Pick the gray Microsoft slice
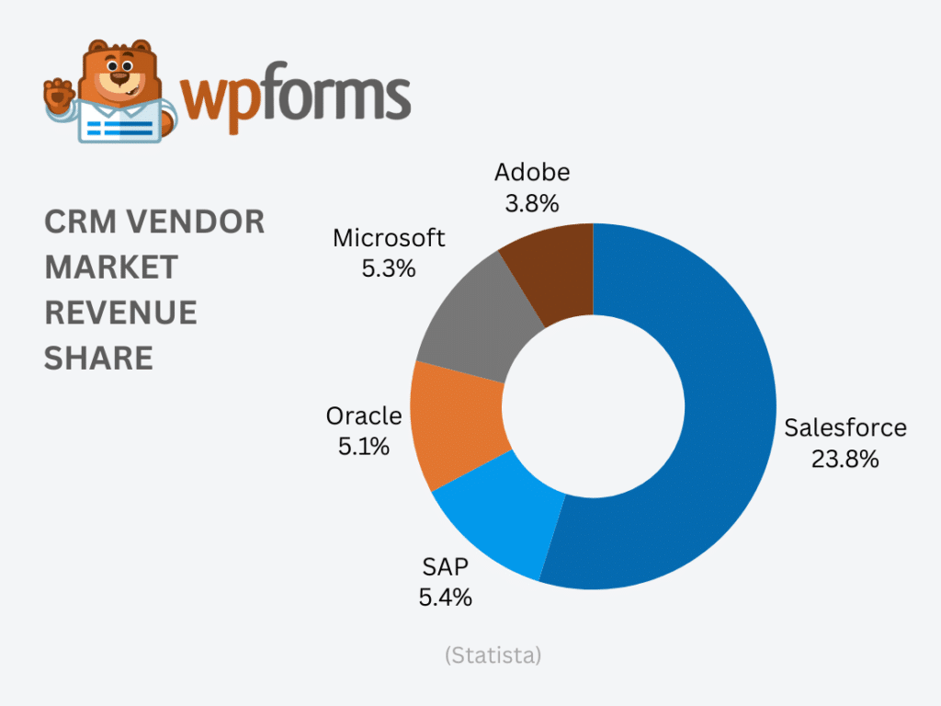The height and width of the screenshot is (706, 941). [x=469, y=317]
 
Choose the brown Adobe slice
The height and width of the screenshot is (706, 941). [x=551, y=271]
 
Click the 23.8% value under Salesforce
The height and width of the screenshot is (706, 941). [x=845, y=458]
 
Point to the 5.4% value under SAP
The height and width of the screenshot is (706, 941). [x=445, y=598]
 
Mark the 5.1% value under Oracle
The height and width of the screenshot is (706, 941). [x=363, y=447]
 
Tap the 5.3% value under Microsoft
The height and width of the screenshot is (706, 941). [x=389, y=269]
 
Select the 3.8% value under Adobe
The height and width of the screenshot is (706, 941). [x=531, y=203]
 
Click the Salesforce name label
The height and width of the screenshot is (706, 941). [x=845, y=427]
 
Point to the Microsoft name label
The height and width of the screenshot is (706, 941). [x=389, y=238]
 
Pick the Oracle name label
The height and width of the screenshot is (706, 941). [x=364, y=416]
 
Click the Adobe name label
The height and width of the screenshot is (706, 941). [x=532, y=172]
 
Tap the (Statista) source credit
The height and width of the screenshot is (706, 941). [x=493, y=655]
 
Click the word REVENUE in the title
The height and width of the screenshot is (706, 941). [x=120, y=313]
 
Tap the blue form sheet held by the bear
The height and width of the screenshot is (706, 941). [x=119, y=123]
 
